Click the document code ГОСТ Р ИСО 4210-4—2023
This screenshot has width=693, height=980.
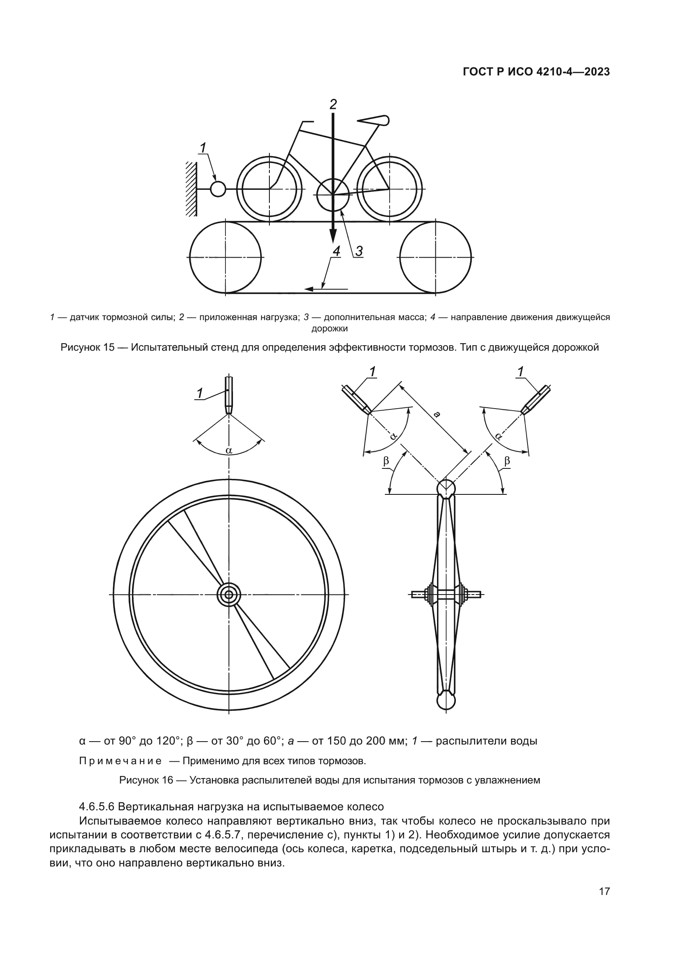[536, 72]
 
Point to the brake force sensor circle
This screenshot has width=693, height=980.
[218, 189]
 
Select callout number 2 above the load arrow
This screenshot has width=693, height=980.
[333, 104]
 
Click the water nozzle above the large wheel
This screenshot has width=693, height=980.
[229, 394]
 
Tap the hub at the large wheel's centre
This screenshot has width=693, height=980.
[229, 594]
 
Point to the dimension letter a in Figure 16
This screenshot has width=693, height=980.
[437, 414]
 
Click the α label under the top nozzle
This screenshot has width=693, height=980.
[229, 450]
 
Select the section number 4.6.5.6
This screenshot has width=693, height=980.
[96, 807]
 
